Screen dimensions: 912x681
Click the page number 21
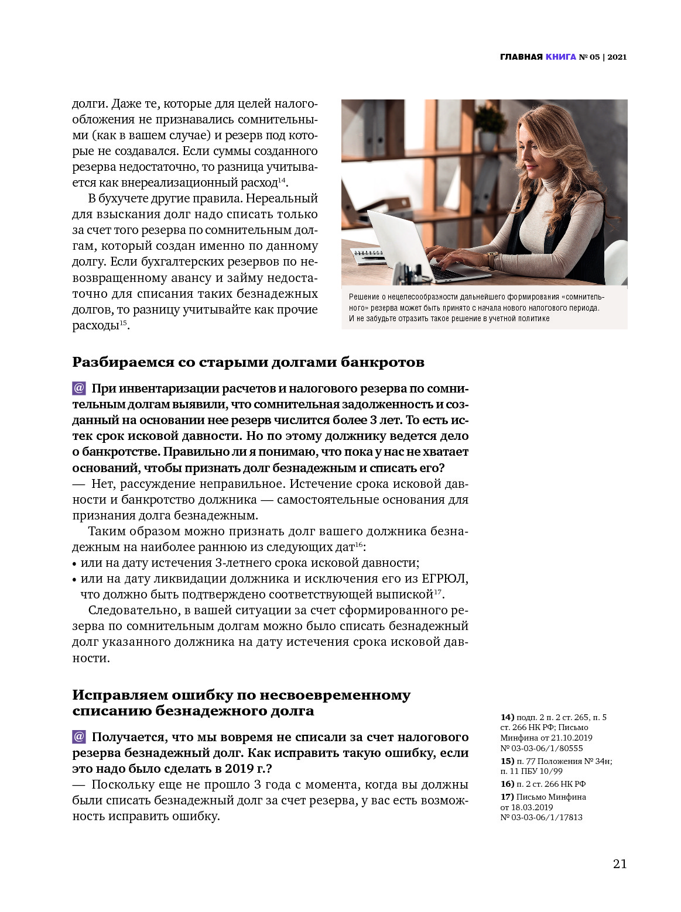620,864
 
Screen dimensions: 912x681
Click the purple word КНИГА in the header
560,57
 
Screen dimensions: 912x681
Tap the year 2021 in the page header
617,57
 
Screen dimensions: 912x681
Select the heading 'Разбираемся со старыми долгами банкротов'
248,362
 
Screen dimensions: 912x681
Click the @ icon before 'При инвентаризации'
79,388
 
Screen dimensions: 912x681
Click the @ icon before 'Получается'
79,737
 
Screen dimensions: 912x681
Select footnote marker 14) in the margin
507,717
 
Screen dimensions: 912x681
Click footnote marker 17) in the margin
507,797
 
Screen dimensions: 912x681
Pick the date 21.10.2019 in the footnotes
572,738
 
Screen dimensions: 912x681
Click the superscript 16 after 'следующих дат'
359,545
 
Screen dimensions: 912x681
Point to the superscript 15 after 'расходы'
123,323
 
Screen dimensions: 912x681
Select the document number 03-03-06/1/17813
547,817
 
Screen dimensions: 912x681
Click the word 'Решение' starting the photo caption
364,297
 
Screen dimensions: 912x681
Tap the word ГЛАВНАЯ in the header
521,57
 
